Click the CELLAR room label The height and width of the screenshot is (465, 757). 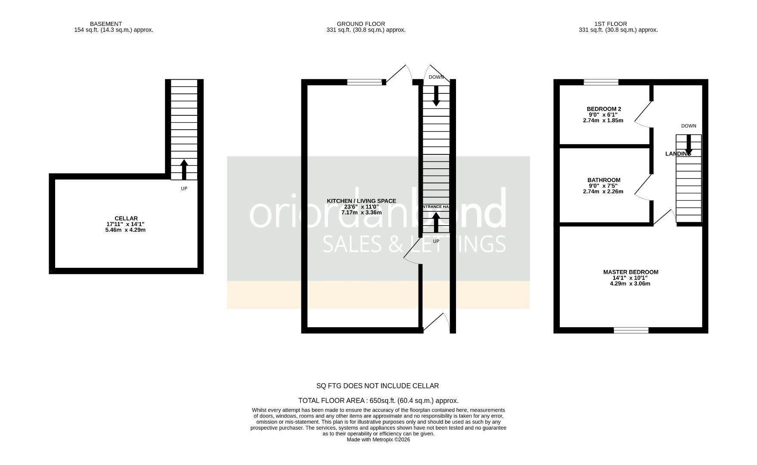point(126,219)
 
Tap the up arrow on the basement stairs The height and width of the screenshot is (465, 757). point(184,169)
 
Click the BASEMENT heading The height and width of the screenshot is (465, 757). point(106,24)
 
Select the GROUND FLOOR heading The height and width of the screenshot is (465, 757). point(361,24)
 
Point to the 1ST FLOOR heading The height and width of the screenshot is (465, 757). point(611,24)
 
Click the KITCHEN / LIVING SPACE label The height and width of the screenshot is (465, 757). point(361,201)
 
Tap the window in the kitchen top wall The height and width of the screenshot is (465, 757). point(364,82)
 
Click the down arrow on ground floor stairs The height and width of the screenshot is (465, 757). point(436,96)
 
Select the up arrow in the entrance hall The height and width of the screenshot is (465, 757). point(436,223)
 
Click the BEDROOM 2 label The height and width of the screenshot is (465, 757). point(604,109)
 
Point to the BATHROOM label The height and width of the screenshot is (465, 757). point(604,180)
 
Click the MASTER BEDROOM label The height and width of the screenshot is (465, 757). point(630,272)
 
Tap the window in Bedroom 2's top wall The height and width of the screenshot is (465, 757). point(601,82)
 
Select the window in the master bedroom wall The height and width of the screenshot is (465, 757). point(631,330)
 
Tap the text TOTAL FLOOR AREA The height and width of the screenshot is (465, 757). point(332,400)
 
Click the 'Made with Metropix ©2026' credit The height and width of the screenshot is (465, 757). point(378,440)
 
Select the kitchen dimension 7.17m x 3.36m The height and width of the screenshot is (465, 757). point(361,212)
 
